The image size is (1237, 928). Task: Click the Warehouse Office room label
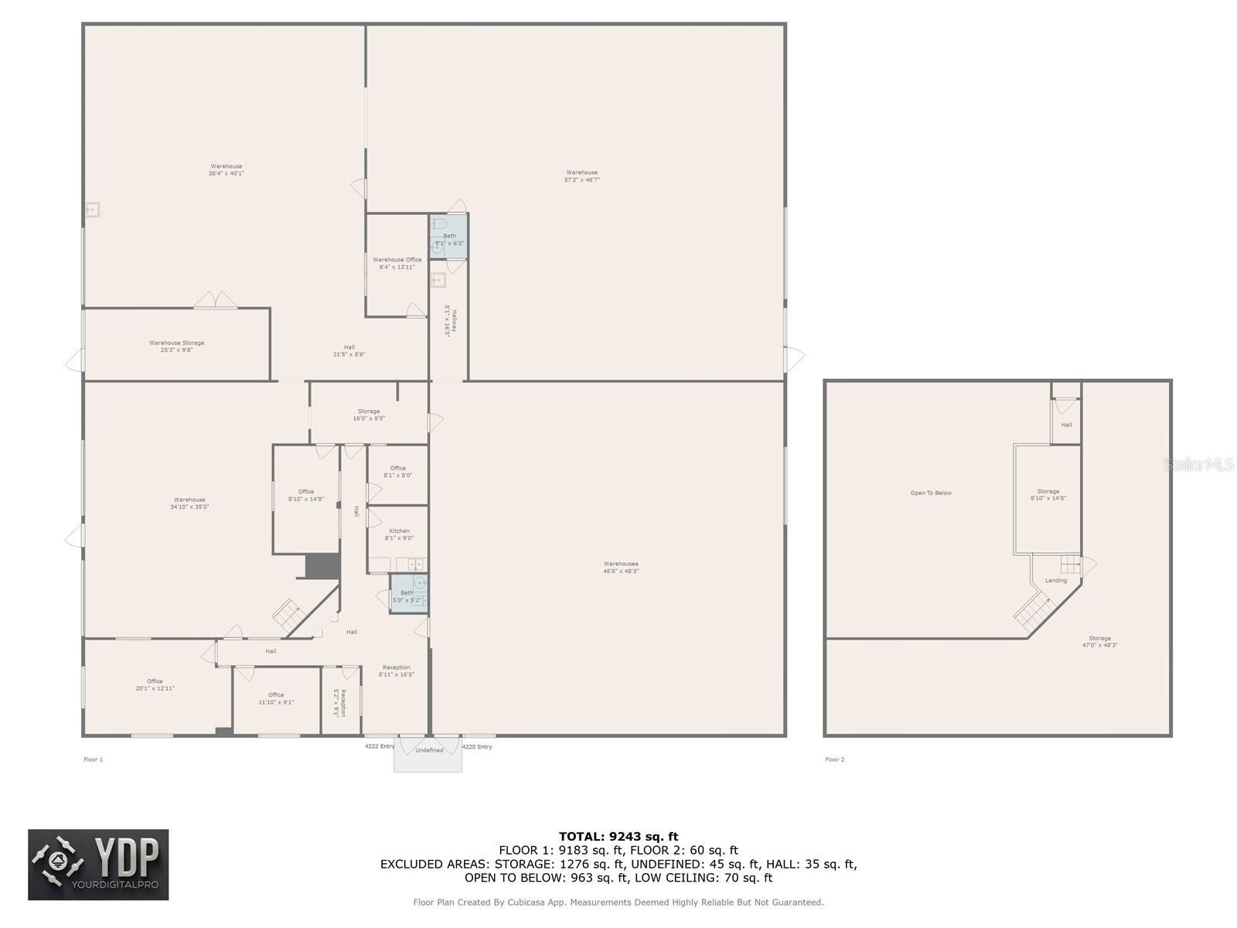coord(397,263)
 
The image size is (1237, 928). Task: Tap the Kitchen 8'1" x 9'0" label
coord(399,534)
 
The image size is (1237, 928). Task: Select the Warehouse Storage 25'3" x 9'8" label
coord(176,346)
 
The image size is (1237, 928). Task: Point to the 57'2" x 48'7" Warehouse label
coord(581,176)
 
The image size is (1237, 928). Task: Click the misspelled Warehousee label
coord(621,568)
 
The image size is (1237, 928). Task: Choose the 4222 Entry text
coord(380,746)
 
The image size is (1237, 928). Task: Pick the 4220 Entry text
coord(477,747)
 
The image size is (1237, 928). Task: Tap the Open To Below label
coord(931,493)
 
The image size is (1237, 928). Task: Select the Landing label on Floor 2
coord(1055,581)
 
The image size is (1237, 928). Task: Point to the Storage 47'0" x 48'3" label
coord(1099,641)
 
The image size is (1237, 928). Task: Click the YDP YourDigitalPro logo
coord(98,865)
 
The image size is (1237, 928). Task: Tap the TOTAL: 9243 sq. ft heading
coord(618,836)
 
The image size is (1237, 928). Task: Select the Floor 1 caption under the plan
coord(93,759)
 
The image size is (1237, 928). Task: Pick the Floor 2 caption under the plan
coord(834,759)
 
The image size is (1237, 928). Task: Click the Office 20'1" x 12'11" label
coord(155,684)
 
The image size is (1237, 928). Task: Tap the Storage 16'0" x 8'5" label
coord(369,415)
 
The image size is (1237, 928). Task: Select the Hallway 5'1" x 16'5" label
coord(451,319)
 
